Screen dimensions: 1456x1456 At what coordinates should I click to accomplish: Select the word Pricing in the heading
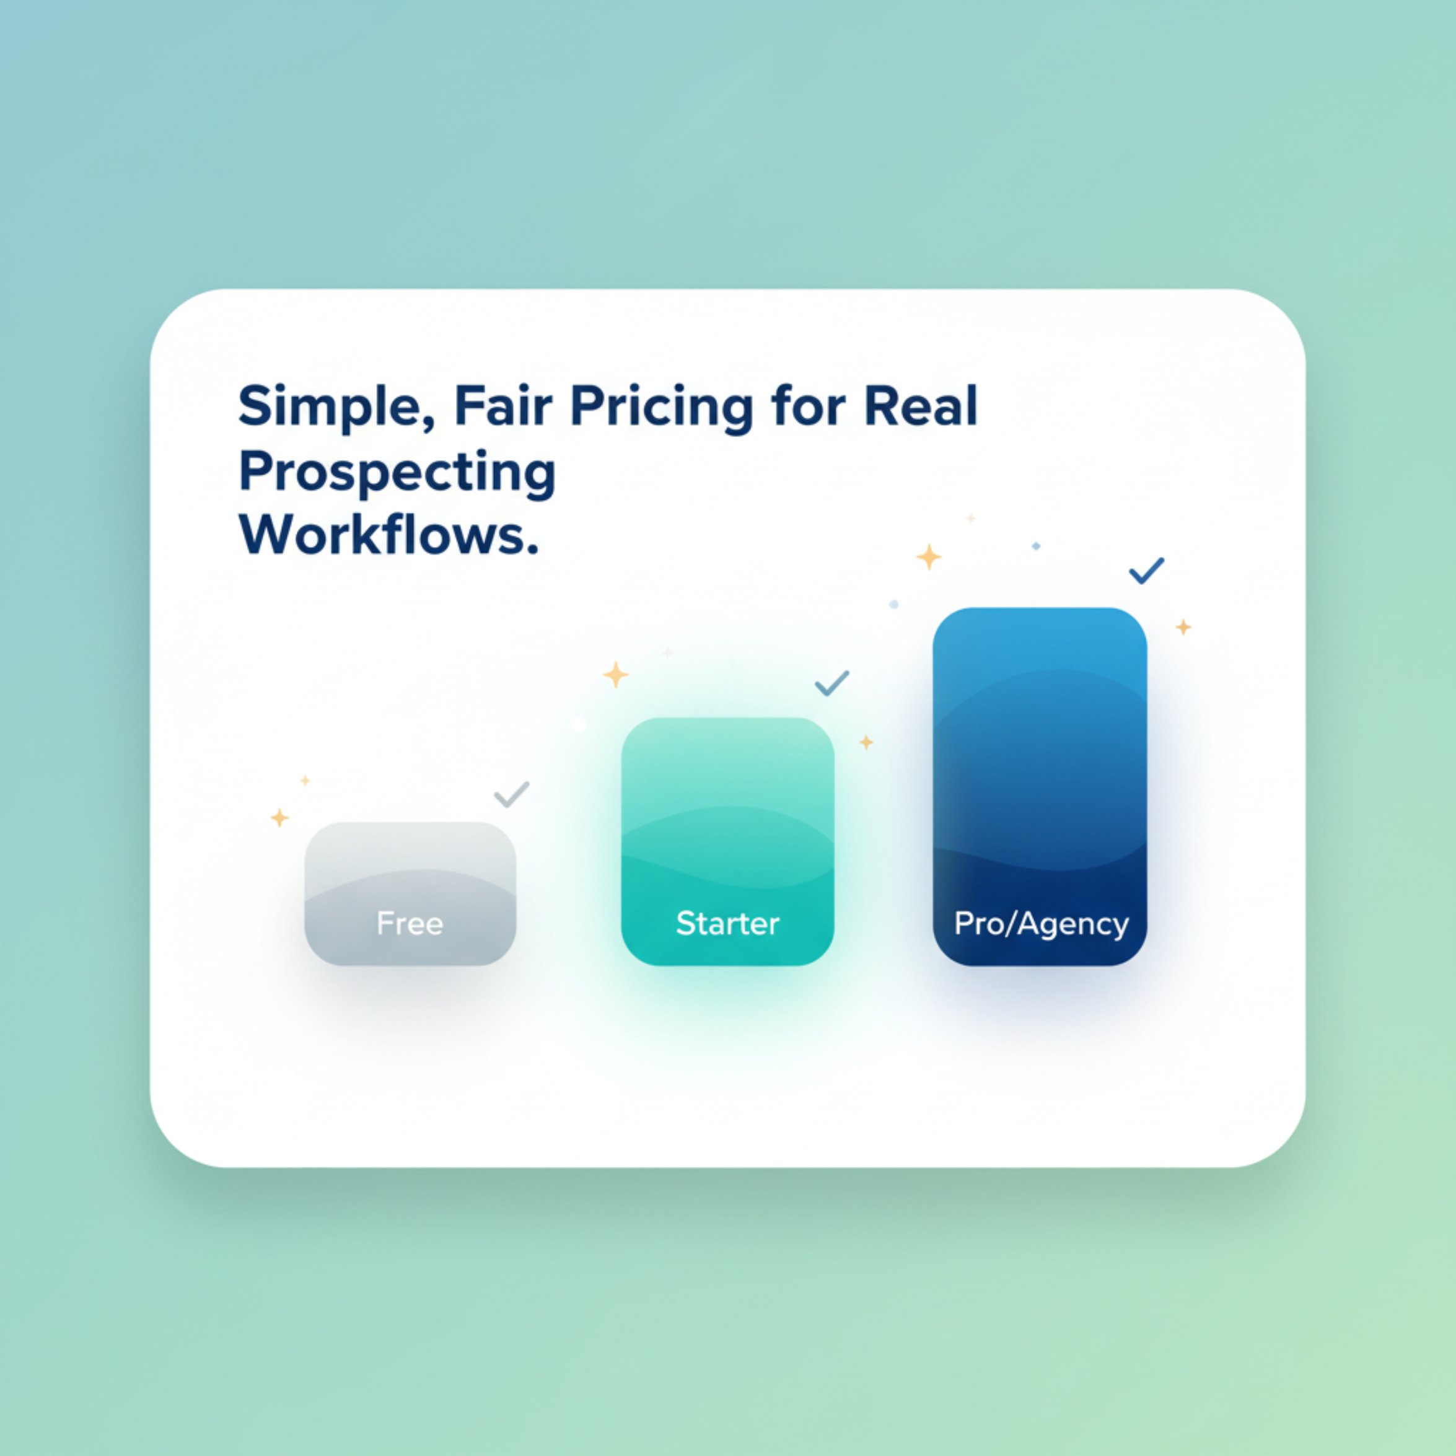(661, 408)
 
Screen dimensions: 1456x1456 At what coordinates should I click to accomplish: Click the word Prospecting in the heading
(397, 473)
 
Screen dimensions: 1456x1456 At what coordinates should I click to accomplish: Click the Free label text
(410, 923)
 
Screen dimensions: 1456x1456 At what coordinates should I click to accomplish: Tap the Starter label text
(727, 923)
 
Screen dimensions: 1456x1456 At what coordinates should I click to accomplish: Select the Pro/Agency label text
(1041, 924)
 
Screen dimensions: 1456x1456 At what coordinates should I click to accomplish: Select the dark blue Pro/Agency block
(1040, 786)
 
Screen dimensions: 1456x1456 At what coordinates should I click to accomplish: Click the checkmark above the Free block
(511, 795)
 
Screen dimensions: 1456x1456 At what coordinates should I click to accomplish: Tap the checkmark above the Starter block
(831, 683)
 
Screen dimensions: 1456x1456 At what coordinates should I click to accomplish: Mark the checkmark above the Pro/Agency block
(1146, 571)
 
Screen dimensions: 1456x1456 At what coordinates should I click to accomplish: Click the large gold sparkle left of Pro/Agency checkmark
(929, 557)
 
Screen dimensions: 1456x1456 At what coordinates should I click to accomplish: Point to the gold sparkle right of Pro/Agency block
(1183, 627)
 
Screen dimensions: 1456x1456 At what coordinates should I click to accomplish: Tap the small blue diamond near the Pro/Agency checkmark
(1036, 546)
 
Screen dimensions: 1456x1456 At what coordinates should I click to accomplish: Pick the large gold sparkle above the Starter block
(616, 675)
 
